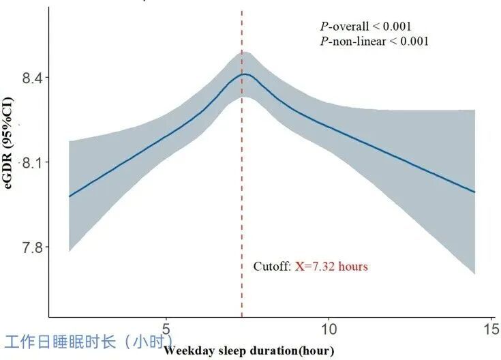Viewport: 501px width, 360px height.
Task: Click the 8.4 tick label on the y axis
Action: coord(31,78)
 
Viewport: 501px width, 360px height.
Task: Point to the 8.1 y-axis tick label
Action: coord(31,163)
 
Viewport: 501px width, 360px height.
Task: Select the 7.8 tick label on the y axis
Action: coord(31,247)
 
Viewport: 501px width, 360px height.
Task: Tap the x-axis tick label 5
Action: coord(166,329)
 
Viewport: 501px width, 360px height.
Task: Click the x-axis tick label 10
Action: coord(328,329)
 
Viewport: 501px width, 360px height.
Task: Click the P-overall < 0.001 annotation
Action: coord(365,27)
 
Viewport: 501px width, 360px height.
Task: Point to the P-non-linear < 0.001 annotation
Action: coord(374,42)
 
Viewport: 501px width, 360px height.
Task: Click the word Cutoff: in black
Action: coord(273,267)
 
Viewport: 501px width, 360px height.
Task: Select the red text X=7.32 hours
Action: coord(331,267)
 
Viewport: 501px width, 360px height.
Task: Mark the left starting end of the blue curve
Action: coord(70,196)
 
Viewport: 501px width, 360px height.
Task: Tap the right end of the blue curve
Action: coord(474,192)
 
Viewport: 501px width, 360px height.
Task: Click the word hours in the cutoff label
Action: coord(353,267)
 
